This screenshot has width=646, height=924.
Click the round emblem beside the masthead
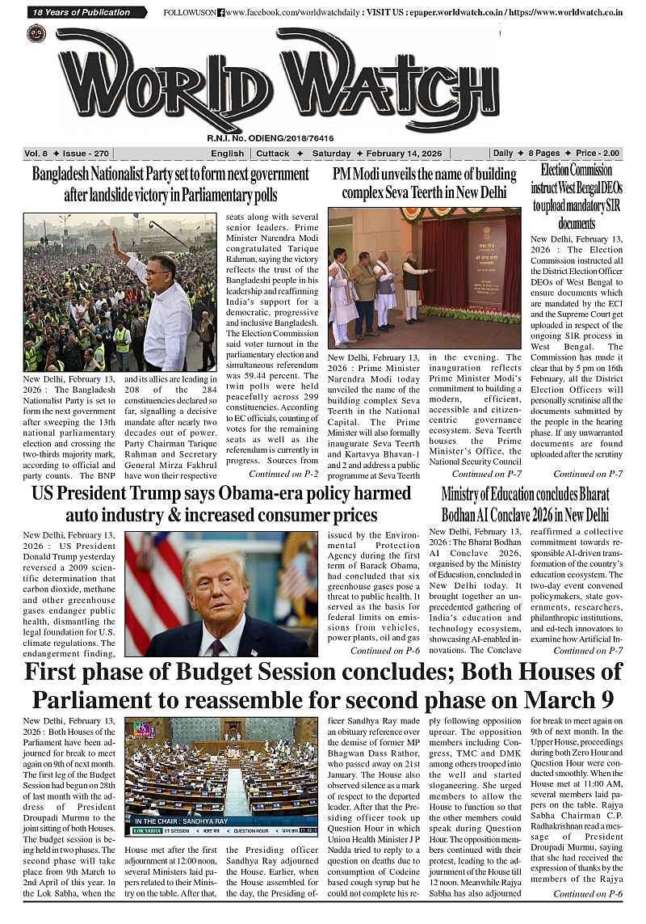pyautogui.click(x=36, y=34)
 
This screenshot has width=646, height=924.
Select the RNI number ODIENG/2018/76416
pyautogui.click(x=271, y=138)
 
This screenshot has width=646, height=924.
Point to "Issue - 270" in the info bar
pyautogui.click(x=89, y=154)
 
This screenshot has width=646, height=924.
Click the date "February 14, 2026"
pyautogui.click(x=404, y=154)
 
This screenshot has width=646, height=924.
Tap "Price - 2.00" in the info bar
pyautogui.click(x=598, y=154)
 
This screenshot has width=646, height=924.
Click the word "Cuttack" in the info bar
pyautogui.click(x=274, y=154)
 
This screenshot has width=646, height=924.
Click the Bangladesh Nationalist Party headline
pyautogui.click(x=170, y=184)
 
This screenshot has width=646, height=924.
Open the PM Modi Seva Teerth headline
pyautogui.click(x=424, y=184)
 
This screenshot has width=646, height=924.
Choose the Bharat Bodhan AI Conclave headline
pyautogui.click(x=525, y=504)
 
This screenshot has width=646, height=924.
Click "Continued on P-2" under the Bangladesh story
pyautogui.click(x=283, y=474)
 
